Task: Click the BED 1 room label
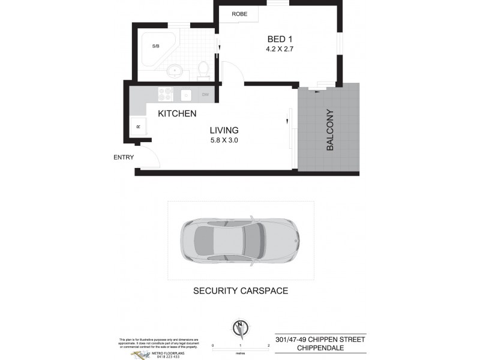click(279, 40)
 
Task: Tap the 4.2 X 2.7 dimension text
click(279, 50)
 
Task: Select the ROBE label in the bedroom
click(239, 14)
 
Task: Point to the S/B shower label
click(155, 46)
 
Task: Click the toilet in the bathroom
click(202, 69)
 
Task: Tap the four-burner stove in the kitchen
click(165, 94)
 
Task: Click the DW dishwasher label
click(205, 94)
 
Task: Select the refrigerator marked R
click(137, 127)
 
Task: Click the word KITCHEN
click(177, 113)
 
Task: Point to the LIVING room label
click(224, 130)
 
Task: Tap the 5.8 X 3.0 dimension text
click(224, 141)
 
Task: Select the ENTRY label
click(124, 158)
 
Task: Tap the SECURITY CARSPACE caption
click(240, 291)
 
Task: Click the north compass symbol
click(240, 329)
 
